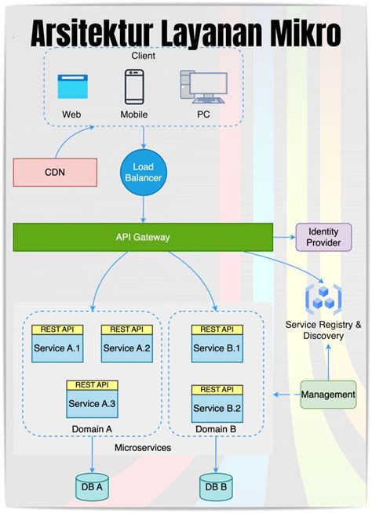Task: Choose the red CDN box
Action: click(55, 172)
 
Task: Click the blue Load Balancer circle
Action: click(143, 173)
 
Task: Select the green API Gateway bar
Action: click(143, 237)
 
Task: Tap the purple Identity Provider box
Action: click(323, 237)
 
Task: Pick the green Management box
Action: click(328, 395)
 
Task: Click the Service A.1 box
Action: click(57, 347)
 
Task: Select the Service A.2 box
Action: click(126, 347)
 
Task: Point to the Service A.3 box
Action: click(93, 403)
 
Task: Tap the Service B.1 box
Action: click(217, 347)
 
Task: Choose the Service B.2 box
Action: click(217, 408)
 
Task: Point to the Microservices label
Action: click(143, 447)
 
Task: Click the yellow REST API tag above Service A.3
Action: click(93, 385)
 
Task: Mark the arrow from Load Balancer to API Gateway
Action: click(143, 208)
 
